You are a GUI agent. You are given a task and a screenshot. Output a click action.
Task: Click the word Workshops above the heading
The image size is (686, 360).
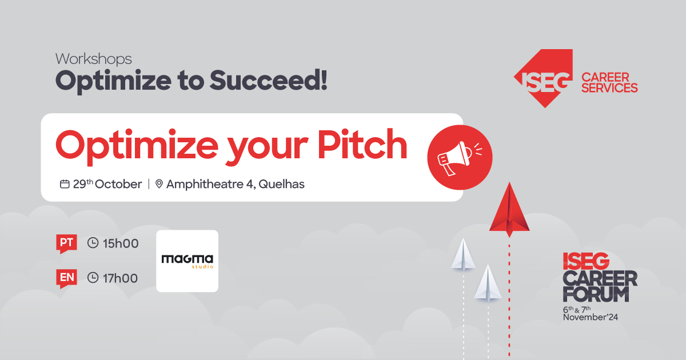click(x=93, y=59)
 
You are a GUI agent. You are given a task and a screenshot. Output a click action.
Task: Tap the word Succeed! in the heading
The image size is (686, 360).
click(x=268, y=80)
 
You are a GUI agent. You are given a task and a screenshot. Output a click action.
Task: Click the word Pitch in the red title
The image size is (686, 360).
click(x=362, y=144)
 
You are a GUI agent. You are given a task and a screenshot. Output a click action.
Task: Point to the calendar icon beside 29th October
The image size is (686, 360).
click(x=64, y=184)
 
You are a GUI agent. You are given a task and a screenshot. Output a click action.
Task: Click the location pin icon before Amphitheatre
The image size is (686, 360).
click(x=159, y=183)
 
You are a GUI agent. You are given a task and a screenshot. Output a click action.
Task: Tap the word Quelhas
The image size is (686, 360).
click(x=281, y=184)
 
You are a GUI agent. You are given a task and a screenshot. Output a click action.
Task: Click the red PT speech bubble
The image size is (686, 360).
click(x=66, y=243)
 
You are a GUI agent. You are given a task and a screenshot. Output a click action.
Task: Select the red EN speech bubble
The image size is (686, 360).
click(x=66, y=278)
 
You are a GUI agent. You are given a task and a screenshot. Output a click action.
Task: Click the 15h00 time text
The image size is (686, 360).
click(x=121, y=243)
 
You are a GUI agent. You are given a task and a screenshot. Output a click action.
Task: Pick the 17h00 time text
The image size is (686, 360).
click(x=121, y=278)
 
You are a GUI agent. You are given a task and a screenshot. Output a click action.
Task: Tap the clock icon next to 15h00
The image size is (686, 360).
click(x=93, y=243)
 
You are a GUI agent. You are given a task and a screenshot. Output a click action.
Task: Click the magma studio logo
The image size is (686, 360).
click(x=187, y=261)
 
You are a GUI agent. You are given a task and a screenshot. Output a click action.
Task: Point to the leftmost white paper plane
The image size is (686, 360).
click(x=463, y=255)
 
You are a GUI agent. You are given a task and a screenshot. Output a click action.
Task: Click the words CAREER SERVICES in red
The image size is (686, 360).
click(x=609, y=82)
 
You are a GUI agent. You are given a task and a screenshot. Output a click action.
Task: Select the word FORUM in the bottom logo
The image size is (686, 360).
click(x=596, y=294)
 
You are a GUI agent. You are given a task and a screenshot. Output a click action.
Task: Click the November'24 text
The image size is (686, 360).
click(x=591, y=317)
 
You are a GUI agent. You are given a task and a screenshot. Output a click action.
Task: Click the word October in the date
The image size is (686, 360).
click(x=118, y=184)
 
